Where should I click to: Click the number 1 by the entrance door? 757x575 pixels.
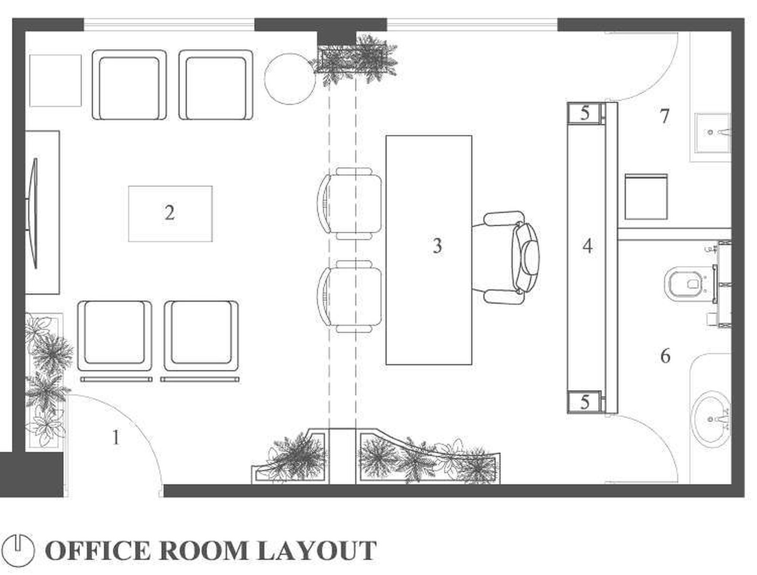click(x=116, y=437)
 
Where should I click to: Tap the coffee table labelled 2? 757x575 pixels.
click(x=170, y=214)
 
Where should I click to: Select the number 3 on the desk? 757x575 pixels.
click(x=437, y=246)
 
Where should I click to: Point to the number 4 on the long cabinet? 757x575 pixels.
click(x=588, y=246)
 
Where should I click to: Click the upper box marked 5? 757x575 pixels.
click(x=585, y=113)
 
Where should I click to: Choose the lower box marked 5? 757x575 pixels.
click(x=585, y=402)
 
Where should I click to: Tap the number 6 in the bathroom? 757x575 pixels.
click(x=665, y=356)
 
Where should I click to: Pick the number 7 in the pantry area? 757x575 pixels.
click(x=665, y=116)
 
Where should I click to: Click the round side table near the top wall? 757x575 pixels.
click(x=290, y=79)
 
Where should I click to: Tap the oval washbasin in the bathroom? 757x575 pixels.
click(x=711, y=420)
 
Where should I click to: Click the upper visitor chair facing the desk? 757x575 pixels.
click(x=349, y=204)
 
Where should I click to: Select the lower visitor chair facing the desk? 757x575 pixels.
click(x=349, y=296)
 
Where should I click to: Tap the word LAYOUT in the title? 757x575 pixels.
click(x=316, y=550)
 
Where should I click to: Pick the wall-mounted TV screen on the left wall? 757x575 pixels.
click(x=32, y=213)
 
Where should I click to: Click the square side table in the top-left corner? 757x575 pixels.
click(x=55, y=80)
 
